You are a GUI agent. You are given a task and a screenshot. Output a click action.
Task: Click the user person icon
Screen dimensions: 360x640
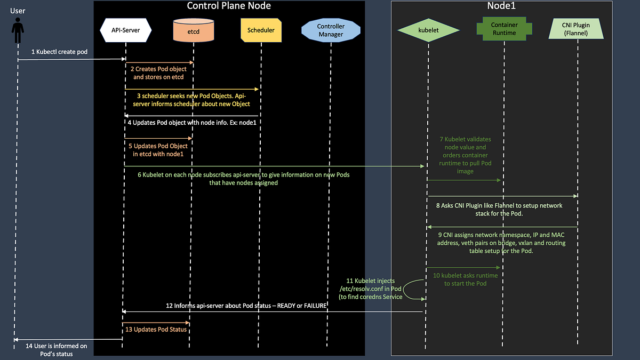17,30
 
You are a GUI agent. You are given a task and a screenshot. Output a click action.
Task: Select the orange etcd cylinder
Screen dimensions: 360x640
193,30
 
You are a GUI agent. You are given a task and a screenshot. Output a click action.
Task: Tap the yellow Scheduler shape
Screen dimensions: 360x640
261,30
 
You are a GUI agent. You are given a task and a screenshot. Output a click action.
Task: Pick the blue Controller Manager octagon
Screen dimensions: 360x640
331,30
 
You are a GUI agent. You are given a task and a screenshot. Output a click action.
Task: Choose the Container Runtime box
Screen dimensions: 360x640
503,29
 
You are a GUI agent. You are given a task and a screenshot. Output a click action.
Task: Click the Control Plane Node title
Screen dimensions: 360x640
229,6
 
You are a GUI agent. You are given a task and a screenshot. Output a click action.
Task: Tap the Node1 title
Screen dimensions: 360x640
501,6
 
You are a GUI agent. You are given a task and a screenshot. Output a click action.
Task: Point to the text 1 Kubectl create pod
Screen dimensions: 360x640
59,52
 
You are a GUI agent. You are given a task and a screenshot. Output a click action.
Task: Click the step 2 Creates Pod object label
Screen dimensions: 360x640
158,73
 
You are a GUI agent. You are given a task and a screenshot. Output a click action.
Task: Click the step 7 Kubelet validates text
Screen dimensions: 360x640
465,155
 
